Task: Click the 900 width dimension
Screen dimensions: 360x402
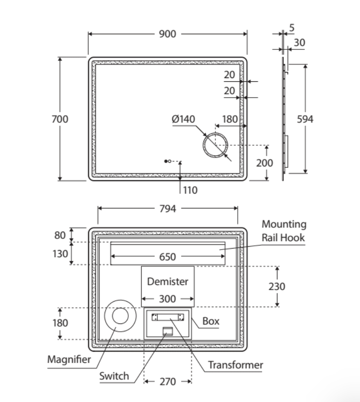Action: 168,34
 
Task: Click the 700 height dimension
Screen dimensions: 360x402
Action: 60,119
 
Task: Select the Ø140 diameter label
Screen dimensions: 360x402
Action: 183,119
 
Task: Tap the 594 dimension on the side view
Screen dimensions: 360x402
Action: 305,119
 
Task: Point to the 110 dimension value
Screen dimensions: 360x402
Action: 190,190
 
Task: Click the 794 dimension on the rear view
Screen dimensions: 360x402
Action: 168,209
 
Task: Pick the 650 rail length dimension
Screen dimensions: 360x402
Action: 168,257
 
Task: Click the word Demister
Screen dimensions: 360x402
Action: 168,281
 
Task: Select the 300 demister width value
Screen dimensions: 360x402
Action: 168,299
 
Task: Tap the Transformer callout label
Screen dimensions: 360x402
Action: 235,365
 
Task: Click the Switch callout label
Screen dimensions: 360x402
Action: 114,376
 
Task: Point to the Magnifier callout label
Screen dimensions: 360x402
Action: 69,359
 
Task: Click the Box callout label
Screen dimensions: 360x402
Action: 211,321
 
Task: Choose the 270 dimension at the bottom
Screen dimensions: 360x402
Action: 168,382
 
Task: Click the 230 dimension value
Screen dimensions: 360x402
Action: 277,286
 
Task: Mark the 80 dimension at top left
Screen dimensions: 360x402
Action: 60,235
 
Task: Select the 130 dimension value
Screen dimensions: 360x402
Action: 60,254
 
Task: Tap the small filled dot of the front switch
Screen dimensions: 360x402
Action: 166,161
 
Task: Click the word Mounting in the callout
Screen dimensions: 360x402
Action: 284,224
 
